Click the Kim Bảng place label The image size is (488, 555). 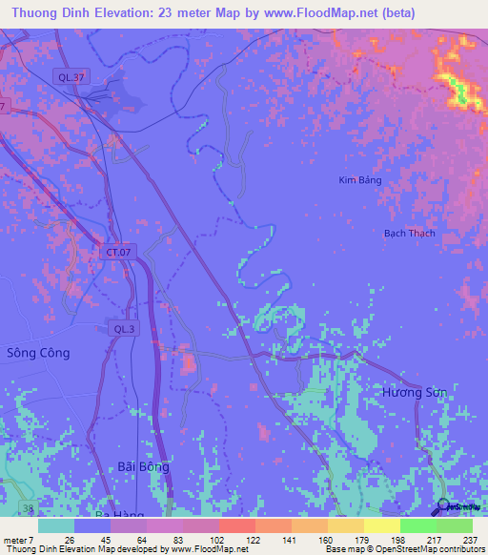360,179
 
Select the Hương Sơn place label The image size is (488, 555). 414,392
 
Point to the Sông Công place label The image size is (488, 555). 39,352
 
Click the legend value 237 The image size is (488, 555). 467,540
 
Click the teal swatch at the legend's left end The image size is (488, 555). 56,525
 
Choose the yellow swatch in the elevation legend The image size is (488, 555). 381,525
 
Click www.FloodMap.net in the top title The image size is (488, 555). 317,12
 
